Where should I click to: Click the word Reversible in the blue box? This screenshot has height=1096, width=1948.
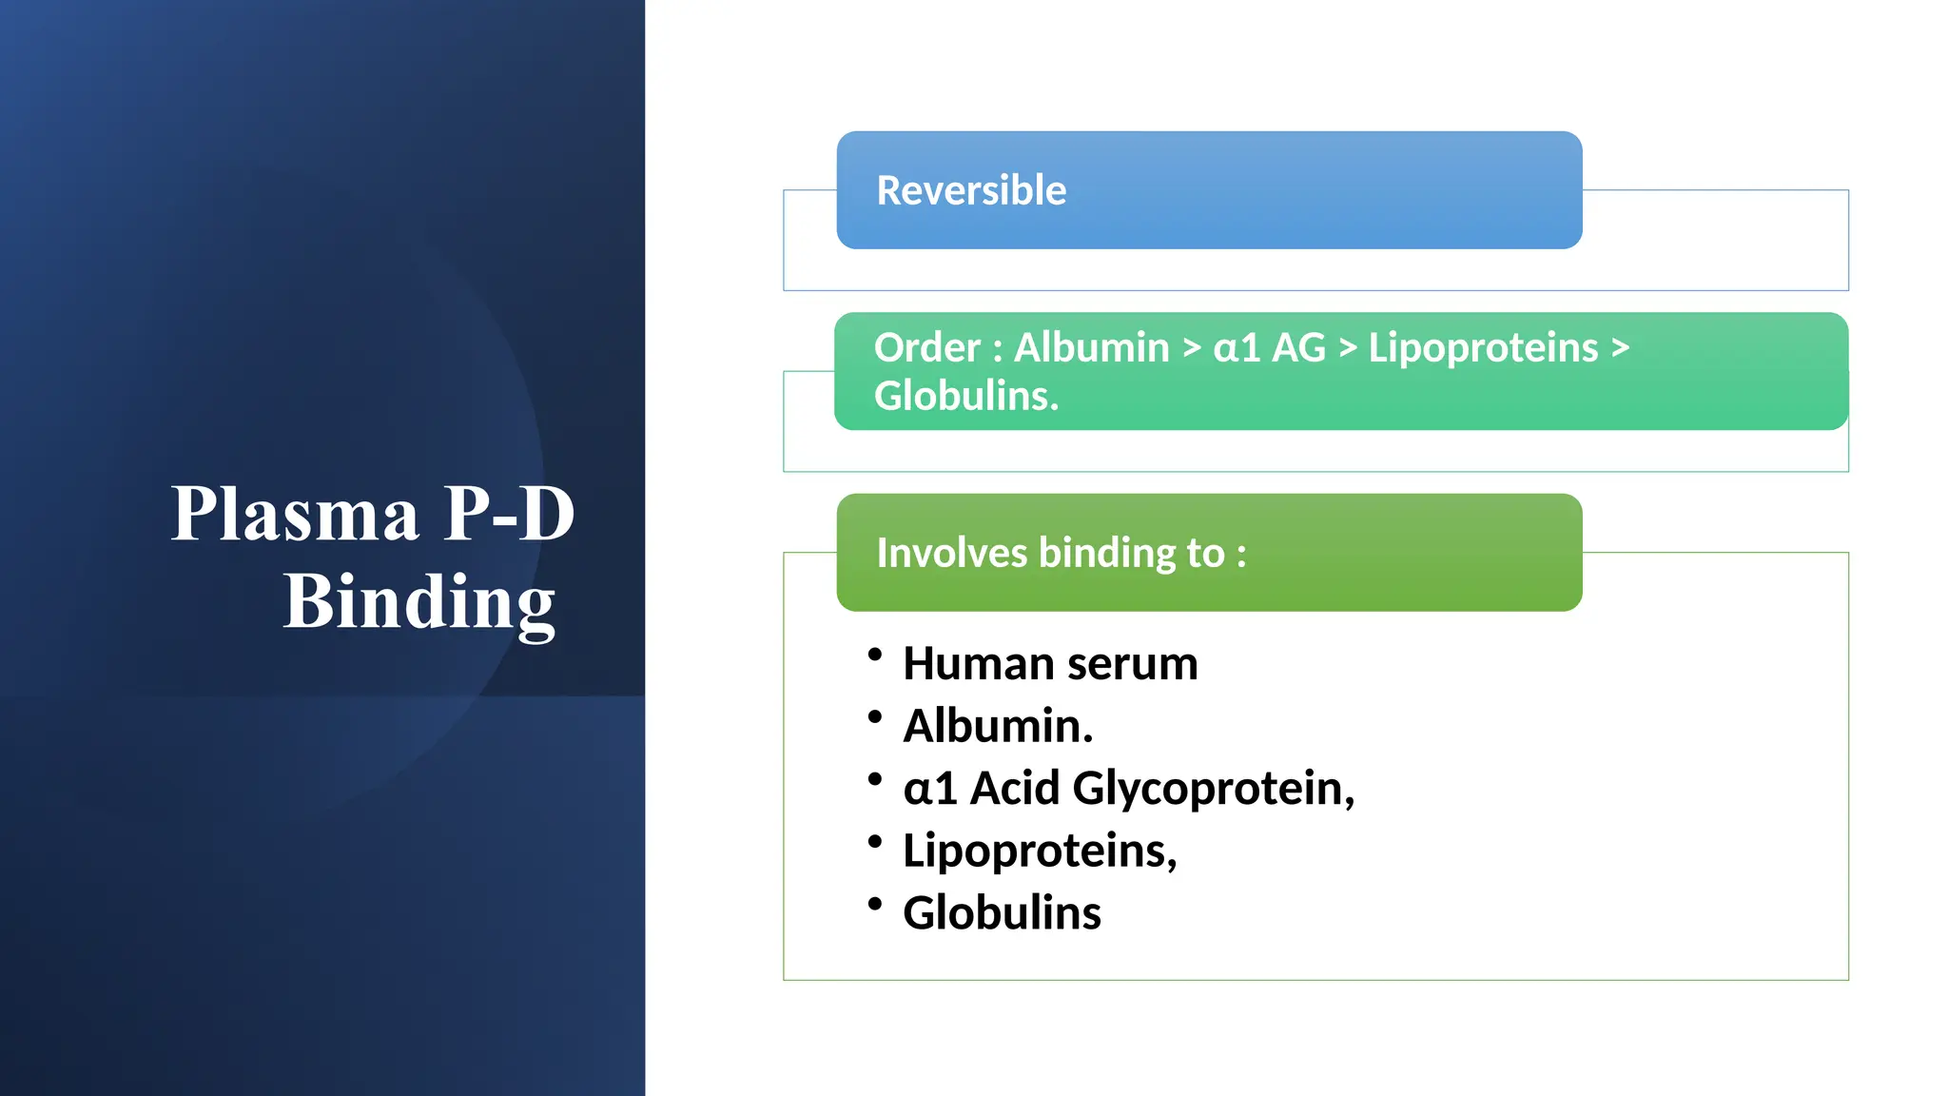pyautogui.click(x=970, y=190)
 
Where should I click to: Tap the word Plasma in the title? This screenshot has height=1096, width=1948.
pyautogui.click(x=295, y=515)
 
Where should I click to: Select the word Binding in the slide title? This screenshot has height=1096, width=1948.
pyautogui.click(x=419, y=602)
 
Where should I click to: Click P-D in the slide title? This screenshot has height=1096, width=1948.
pyautogui.click(x=509, y=515)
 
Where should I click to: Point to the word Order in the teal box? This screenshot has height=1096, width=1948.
pyautogui.click(x=926, y=347)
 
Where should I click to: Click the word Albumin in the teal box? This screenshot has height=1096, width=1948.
pyautogui.click(x=1091, y=347)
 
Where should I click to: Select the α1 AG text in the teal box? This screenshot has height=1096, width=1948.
pyautogui.click(x=1269, y=347)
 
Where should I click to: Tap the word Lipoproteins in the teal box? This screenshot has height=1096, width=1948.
pyautogui.click(x=1483, y=347)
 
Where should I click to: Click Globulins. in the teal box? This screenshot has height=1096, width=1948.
pyautogui.click(x=965, y=396)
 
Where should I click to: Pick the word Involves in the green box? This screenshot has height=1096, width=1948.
pyautogui.click(x=951, y=553)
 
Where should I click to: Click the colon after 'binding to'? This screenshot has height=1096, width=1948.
pyautogui.click(x=1241, y=555)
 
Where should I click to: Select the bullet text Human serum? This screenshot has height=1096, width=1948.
pyautogui.click(x=1049, y=663)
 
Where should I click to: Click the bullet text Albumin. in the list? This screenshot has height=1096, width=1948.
pyautogui.click(x=998, y=726)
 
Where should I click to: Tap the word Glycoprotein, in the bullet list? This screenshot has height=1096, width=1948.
pyautogui.click(x=1213, y=789)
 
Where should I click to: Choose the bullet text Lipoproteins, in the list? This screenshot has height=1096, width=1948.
pyautogui.click(x=1039, y=851)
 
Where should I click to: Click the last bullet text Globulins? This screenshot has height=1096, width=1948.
pyautogui.click(x=1002, y=912)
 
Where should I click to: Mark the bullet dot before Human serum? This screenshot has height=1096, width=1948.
pyautogui.click(x=875, y=655)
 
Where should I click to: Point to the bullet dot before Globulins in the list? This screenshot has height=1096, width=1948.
pyautogui.click(x=875, y=904)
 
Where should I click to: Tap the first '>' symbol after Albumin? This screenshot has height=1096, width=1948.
pyautogui.click(x=1192, y=348)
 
